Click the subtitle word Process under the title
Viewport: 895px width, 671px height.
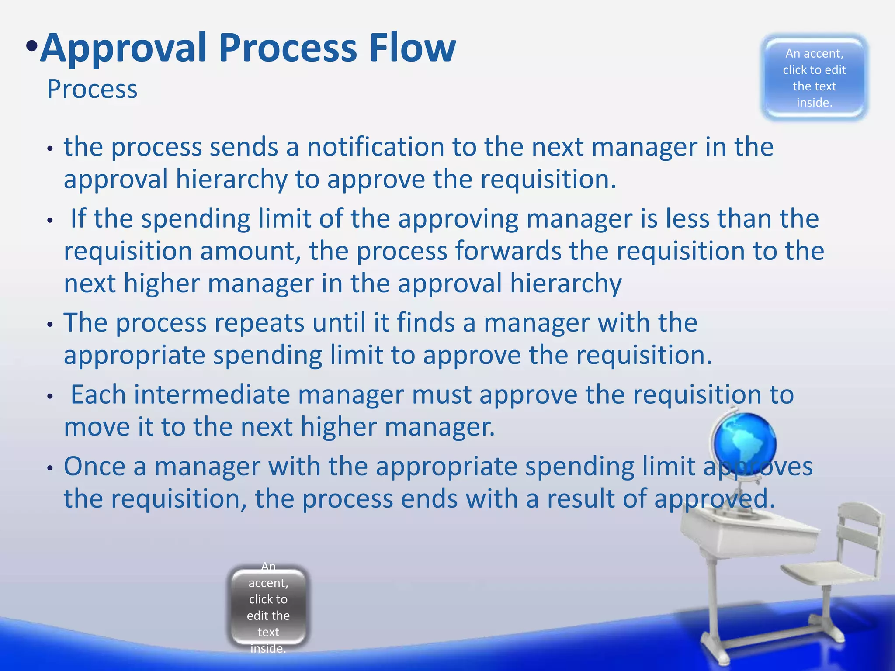tap(92, 89)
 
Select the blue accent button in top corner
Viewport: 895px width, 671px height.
tap(814, 77)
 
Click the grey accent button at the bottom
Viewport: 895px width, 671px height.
tap(268, 607)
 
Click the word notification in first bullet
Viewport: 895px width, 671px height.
tap(375, 147)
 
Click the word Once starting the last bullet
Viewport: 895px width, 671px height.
tap(95, 466)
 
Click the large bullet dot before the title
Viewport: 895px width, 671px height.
tap(31, 46)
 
